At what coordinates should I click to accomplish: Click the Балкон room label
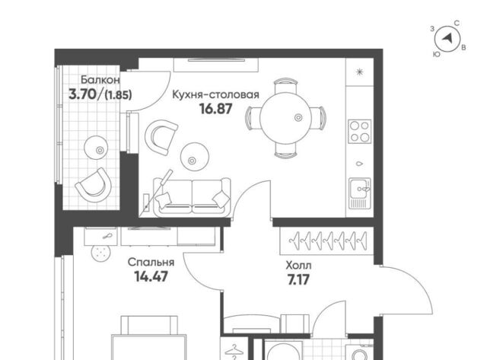pos(100,80)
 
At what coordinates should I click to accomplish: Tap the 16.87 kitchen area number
pos(216,109)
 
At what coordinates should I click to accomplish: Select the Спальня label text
pos(151,263)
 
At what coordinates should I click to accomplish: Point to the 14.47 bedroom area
pos(151,276)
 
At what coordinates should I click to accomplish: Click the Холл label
pos(298,266)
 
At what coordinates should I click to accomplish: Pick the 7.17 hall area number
pos(298,280)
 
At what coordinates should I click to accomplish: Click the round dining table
pos(285,118)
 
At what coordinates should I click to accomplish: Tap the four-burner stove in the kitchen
pos(360,131)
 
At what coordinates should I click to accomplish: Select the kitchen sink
pos(360,193)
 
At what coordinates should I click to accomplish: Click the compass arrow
pos(447,38)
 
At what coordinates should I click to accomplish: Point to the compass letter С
pos(457,24)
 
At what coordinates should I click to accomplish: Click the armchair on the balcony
pos(94,186)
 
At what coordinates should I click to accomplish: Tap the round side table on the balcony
pos(97,148)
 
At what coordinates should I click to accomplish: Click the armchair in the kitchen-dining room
pos(161,137)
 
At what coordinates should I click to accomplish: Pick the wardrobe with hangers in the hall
pos(326,241)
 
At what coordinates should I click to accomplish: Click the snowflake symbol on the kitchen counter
pos(360,72)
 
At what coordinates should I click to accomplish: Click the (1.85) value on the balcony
pos(119,94)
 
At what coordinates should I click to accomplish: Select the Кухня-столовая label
pos(215,94)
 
